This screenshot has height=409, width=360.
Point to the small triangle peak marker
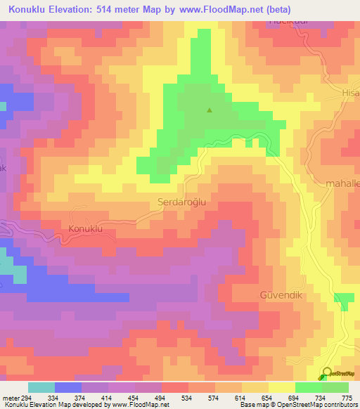tap(209, 110)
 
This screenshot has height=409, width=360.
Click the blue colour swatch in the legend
tap(68, 387)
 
